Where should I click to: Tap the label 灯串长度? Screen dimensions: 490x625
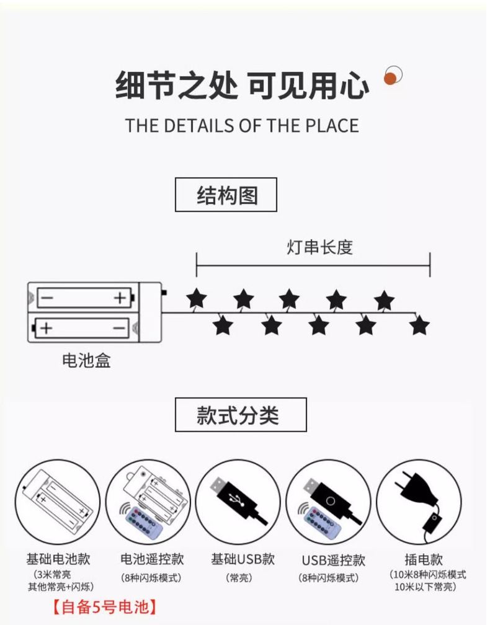(319, 247)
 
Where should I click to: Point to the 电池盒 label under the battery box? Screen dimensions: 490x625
(86, 360)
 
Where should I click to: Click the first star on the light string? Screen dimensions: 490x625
(197, 299)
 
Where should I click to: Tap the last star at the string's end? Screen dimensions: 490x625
(419, 325)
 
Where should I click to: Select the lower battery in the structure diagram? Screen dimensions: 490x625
(82, 327)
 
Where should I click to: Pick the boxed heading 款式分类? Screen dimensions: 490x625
(241, 415)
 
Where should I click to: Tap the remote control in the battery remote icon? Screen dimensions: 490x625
(143, 522)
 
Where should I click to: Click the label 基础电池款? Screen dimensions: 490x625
(58, 559)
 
